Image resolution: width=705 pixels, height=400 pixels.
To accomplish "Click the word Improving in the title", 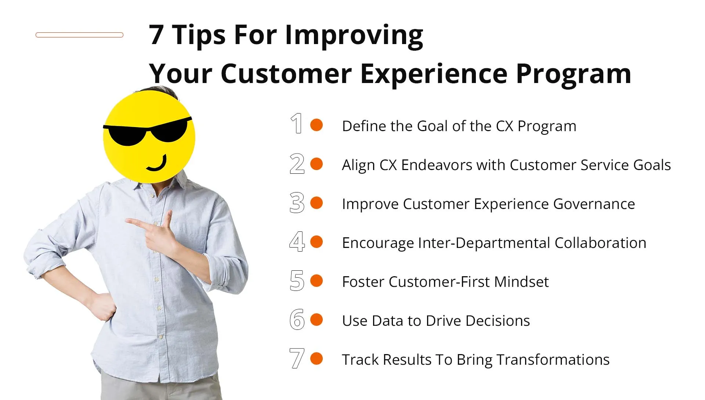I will tap(354, 36).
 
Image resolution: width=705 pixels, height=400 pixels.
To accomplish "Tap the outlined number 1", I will tap(297, 124).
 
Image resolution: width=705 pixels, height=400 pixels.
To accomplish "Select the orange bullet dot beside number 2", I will tap(316, 164).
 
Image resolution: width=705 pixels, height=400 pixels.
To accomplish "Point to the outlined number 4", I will tap(297, 242).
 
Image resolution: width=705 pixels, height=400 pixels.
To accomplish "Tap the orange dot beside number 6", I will tap(316, 320).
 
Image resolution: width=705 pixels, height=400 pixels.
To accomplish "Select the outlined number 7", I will tap(297, 358).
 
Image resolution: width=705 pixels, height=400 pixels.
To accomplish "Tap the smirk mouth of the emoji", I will tap(157, 164).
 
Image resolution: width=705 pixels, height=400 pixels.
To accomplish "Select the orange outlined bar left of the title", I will tap(79, 35).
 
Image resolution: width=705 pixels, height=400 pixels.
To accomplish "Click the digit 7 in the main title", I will tap(156, 36).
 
